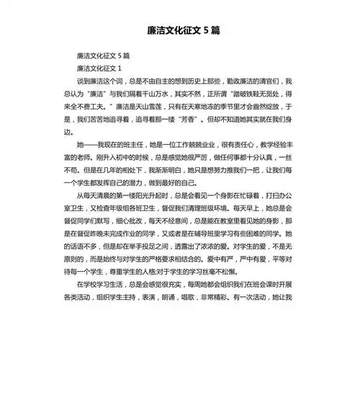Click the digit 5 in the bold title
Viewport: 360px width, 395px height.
point(206,31)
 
